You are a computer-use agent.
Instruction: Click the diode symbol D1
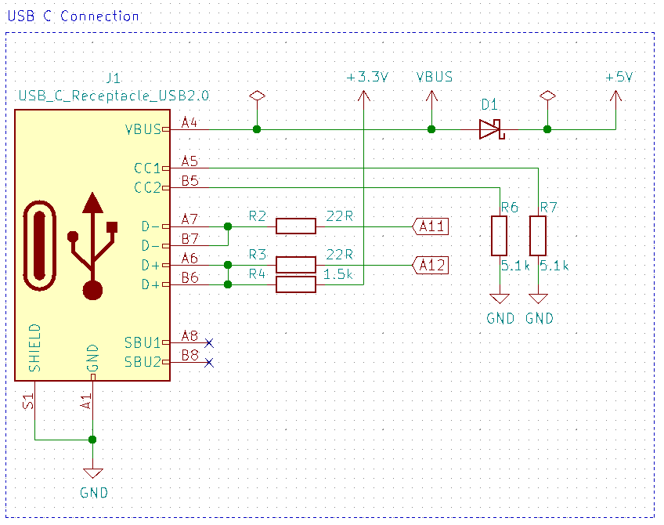491,129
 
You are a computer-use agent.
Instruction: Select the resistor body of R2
295,226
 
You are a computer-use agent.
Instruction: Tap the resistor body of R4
295,284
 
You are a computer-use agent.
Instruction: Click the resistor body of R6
500,236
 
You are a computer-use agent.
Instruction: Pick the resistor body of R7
538,236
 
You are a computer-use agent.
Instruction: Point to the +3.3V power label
367,78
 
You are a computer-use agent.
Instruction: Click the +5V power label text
619,78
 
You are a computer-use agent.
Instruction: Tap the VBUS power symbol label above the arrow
434,78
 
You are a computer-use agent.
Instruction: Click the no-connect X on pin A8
208,342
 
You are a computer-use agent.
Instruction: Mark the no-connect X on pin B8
208,362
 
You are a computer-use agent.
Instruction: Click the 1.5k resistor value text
338,275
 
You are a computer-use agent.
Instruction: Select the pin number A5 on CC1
189,161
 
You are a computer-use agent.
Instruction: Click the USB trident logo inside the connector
93,246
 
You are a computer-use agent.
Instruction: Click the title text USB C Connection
73,16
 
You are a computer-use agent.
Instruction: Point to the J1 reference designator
113,78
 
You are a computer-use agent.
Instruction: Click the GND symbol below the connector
93,473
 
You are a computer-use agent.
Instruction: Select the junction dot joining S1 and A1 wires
93,439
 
